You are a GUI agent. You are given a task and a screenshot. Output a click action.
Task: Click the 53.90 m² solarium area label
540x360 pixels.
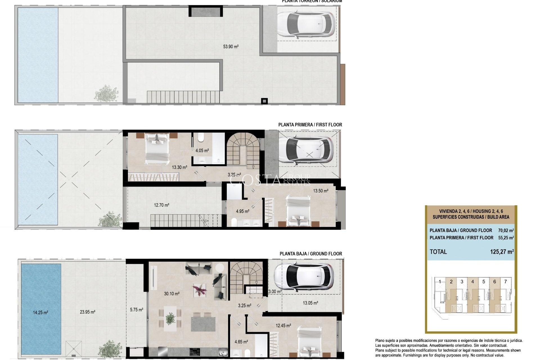pos(231,47)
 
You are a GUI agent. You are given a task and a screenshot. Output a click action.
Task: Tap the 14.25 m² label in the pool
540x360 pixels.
pos(40,312)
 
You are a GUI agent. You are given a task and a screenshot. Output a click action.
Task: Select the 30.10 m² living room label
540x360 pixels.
pos(172,294)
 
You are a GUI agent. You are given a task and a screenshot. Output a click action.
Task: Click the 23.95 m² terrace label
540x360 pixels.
pos(87,312)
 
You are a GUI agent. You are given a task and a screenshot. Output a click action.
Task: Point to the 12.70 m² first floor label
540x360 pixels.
pos(161,205)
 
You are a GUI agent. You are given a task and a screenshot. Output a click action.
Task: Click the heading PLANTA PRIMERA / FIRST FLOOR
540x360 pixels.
pos(310,125)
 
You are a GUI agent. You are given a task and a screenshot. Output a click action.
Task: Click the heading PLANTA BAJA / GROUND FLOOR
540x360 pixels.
pos(310,254)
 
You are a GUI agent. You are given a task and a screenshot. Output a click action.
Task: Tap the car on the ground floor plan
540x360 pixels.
pos(304,277)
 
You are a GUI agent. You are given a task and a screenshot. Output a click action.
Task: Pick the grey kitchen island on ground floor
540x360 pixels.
pos(203,324)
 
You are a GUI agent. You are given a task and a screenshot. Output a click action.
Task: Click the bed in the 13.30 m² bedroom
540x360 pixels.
pos(157,149)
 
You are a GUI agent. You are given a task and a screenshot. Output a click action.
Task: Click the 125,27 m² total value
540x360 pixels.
pos(502,252)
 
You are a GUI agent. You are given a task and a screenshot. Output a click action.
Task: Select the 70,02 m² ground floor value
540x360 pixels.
pos(506,230)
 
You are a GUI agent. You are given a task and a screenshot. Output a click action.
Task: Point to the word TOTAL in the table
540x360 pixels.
pos(438,252)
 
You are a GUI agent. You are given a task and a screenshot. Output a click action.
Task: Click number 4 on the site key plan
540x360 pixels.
pos(480,282)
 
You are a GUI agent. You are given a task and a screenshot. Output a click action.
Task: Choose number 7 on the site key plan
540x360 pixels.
pos(505,282)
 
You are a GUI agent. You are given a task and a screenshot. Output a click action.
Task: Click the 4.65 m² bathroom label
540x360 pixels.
pos(241,342)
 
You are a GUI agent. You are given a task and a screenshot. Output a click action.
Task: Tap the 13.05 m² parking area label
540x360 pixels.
pos(310,303)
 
